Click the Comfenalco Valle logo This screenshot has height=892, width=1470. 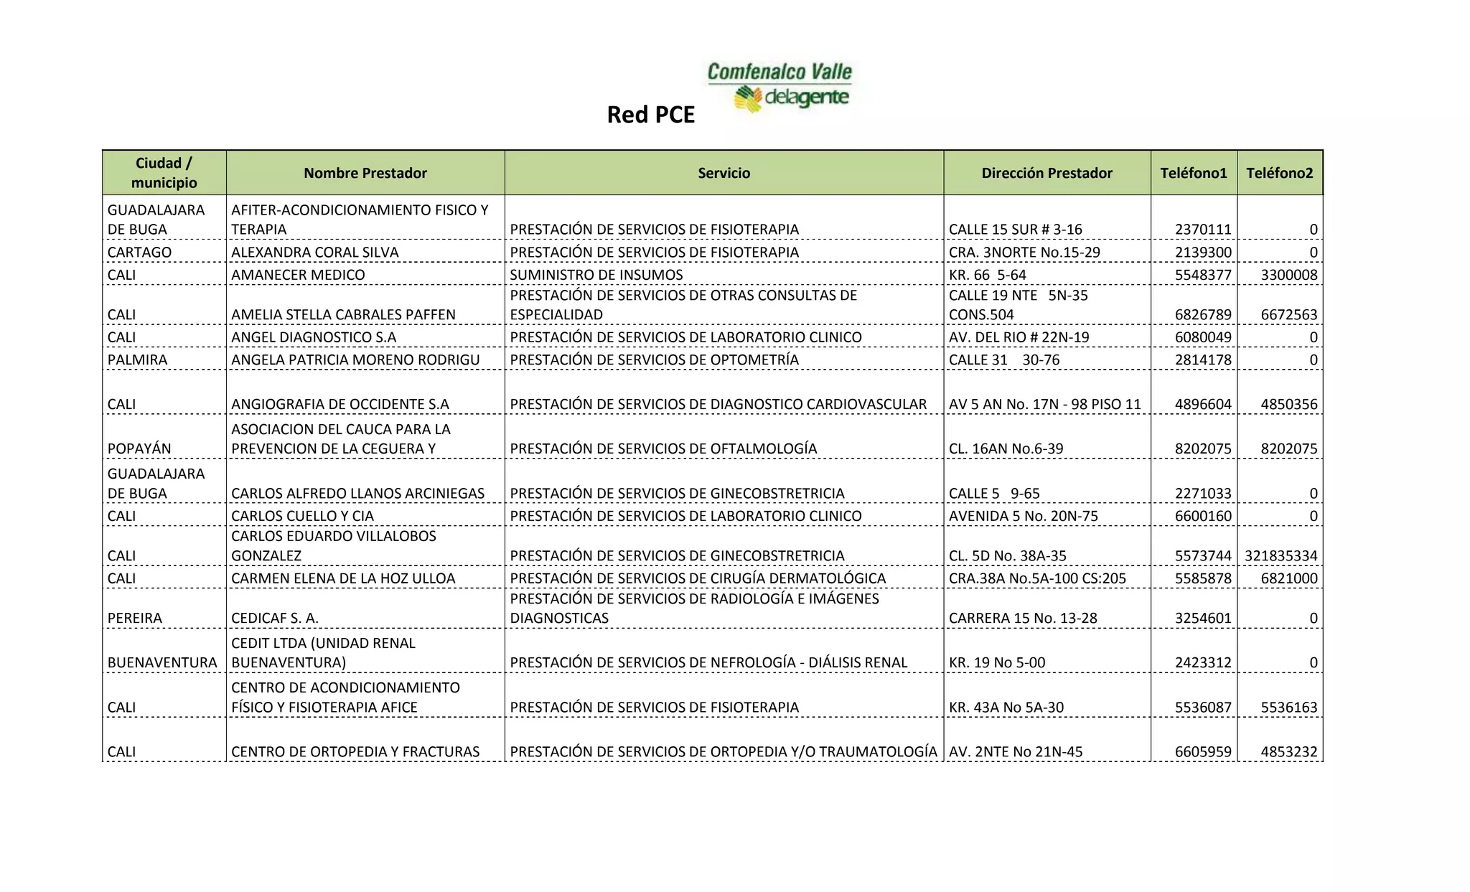[780, 87]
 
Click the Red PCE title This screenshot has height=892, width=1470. [650, 115]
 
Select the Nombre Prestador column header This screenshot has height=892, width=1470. [365, 173]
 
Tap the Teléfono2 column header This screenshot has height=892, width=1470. [1279, 173]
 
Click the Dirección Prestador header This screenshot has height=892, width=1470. [1047, 173]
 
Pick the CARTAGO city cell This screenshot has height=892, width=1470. [139, 253]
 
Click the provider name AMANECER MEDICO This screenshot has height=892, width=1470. [298, 275]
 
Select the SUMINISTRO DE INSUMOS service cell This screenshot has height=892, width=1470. [596, 275]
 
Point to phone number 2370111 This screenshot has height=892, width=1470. [1203, 230]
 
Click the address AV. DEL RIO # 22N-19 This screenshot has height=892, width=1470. [1019, 337]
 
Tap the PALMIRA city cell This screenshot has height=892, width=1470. [137, 360]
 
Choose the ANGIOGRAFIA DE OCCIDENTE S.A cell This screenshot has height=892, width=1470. [340, 405]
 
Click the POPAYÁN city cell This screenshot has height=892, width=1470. [139, 449]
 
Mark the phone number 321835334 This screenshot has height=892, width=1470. [1281, 556]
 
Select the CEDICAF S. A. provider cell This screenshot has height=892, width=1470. [274, 619]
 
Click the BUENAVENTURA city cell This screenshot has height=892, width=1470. [162, 663]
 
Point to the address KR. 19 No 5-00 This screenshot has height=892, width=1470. [996, 663]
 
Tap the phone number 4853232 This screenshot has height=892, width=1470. [1288, 752]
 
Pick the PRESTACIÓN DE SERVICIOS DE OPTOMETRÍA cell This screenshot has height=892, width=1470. [654, 360]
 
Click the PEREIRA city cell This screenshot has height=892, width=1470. [135, 619]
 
